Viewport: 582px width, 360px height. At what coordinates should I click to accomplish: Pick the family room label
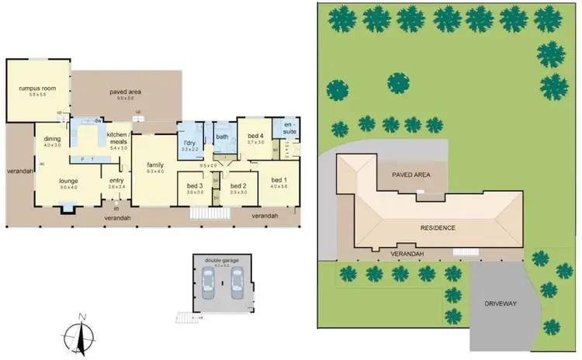155,165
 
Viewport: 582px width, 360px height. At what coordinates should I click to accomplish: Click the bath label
221,137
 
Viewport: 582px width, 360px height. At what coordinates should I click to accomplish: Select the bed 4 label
256,137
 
